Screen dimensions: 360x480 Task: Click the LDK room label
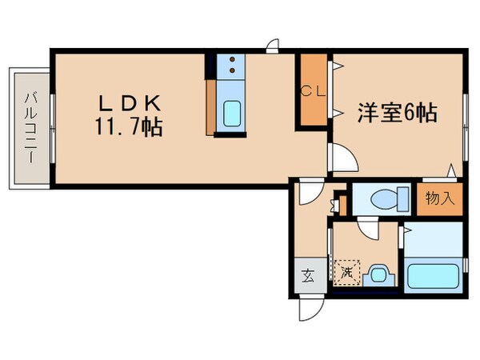coord(131,103)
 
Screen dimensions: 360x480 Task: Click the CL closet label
coord(313,90)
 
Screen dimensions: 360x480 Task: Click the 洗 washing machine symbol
coord(347,272)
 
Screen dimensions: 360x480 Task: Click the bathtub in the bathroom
coord(434,275)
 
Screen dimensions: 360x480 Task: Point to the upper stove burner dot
coord(230,60)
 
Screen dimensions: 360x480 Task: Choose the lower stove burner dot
coord(230,71)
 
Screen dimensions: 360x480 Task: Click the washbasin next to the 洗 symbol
coord(376,275)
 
